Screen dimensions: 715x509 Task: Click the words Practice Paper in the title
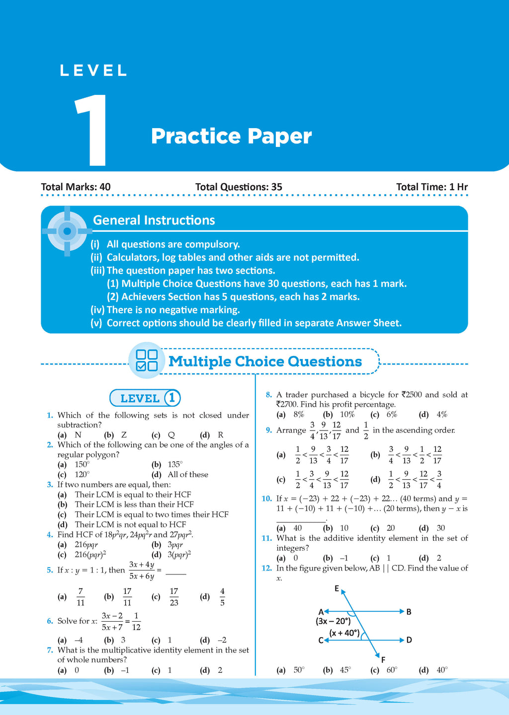pos(231,136)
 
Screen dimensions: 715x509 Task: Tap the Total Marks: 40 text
pos(76,187)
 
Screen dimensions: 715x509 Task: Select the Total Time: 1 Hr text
pos(431,187)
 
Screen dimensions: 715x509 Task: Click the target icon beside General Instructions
pos(67,231)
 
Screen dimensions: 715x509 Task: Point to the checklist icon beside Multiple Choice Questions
pos(147,360)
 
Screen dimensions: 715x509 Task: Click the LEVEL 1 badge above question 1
pos(145,398)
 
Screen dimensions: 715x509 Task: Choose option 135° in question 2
pos(175,465)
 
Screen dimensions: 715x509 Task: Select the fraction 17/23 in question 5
pos(173,597)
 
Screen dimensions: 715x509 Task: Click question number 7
pos(50,650)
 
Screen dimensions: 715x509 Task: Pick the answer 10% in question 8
pos(347,415)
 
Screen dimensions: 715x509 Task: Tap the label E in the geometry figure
pos(337,589)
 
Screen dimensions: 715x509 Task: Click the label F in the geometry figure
pos(383,660)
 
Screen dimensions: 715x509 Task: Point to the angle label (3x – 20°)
pos(333,621)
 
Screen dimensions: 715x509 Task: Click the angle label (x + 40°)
pos(344,633)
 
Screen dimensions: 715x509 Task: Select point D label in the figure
pos(409,640)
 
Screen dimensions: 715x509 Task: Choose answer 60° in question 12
pos(392,670)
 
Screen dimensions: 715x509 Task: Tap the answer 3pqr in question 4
pos(175,545)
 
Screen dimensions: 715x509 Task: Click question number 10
pos(266,499)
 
